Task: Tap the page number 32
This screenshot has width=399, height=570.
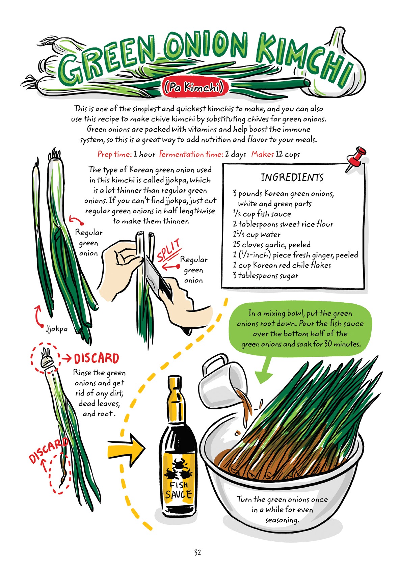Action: coord(197,552)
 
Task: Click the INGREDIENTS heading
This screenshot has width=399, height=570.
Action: coord(292,178)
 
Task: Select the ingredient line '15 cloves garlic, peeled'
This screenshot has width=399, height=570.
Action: coord(271,245)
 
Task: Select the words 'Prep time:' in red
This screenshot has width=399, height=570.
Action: coord(114,155)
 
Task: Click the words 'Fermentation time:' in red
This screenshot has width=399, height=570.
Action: coord(191,155)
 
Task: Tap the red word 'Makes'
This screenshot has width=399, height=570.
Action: coord(262,154)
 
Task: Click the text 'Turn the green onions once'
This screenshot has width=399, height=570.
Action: coord(282,499)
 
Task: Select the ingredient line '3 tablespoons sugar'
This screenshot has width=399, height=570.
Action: coord(265,276)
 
